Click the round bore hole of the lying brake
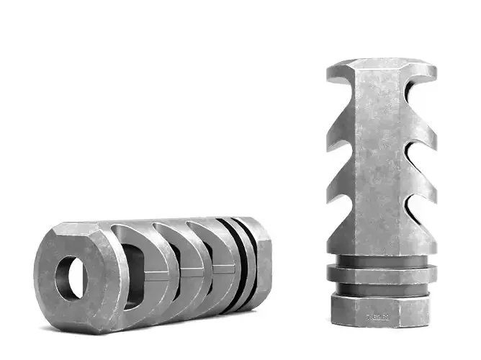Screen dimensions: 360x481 [71, 278]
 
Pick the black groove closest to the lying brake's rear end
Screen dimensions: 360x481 [248, 259]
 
